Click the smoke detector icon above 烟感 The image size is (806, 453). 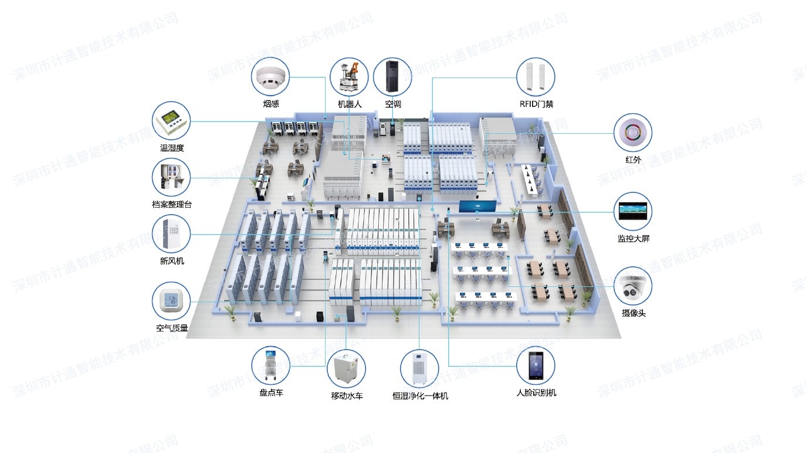click(271, 77)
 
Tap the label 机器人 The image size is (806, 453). click(350, 104)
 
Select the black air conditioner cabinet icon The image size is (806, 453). click(392, 77)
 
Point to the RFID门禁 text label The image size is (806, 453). click(536, 104)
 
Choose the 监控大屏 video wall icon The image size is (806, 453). click(633, 211)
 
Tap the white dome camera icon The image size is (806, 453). click(633, 286)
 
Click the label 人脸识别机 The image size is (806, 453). click(536, 393)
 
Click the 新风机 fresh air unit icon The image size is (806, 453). click(171, 234)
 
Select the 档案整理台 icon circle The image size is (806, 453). click(171, 177)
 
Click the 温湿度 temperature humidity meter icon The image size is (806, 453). click(171, 121)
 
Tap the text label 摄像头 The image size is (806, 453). click(634, 313)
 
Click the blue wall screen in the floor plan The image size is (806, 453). click(478, 207)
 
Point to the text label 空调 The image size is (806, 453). click(393, 104)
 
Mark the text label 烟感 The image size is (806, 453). click(271, 104)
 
